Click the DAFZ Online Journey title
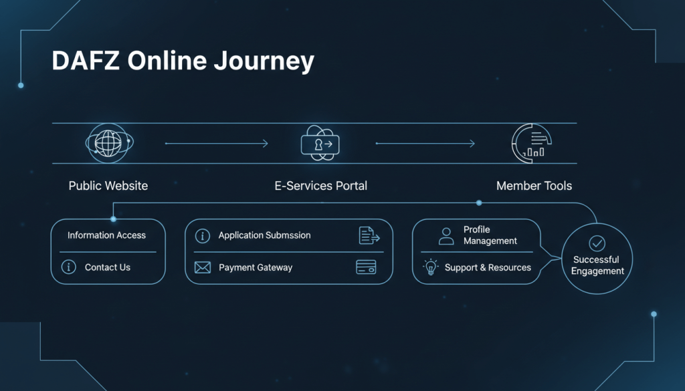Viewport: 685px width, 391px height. pyautogui.click(x=183, y=61)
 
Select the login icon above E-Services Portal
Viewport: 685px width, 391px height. pyautogui.click(x=320, y=143)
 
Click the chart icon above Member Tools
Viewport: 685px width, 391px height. pyautogui.click(x=532, y=143)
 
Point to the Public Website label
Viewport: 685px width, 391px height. pyautogui.click(x=108, y=186)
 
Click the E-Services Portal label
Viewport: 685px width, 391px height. pyautogui.click(x=320, y=186)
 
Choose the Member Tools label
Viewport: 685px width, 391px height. pyautogui.click(x=534, y=186)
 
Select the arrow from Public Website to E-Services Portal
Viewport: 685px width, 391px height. pyautogui.click(x=216, y=143)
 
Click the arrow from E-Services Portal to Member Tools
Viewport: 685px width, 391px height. pyautogui.click(x=425, y=143)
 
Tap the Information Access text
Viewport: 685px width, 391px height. pyautogui.click(x=106, y=235)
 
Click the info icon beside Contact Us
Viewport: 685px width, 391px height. pyautogui.click(x=68, y=267)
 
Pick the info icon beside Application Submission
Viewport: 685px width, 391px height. pyautogui.click(x=202, y=236)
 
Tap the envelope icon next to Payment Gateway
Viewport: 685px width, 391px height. pyautogui.click(x=202, y=267)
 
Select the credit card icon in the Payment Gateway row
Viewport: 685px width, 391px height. pyautogui.click(x=366, y=267)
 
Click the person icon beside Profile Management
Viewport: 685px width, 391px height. pyautogui.click(x=446, y=235)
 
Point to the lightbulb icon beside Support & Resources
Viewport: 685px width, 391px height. pyautogui.click(x=430, y=267)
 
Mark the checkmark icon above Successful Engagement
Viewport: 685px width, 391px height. pyautogui.click(x=596, y=243)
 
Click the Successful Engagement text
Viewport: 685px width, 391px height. pyautogui.click(x=596, y=265)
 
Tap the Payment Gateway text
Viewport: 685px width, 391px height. pyautogui.click(x=256, y=267)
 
